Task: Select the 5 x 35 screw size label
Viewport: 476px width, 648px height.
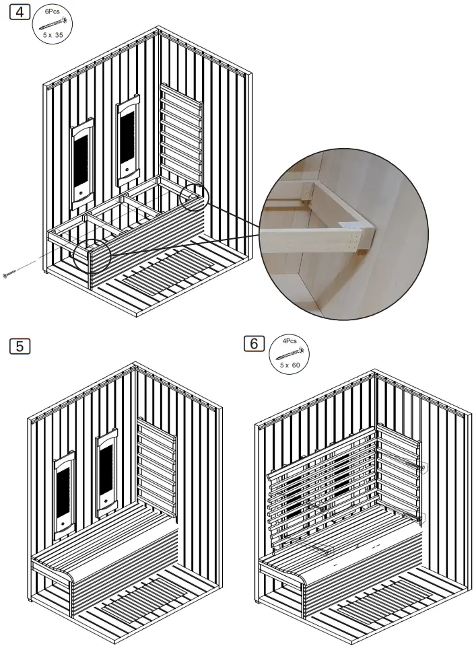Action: [x=53, y=34]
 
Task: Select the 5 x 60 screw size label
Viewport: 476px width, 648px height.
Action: [x=290, y=364]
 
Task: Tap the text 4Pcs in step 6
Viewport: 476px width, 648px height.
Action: [x=290, y=342]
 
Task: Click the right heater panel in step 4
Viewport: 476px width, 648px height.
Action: [x=127, y=140]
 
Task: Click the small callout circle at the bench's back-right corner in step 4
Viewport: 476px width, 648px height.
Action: [x=195, y=196]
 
